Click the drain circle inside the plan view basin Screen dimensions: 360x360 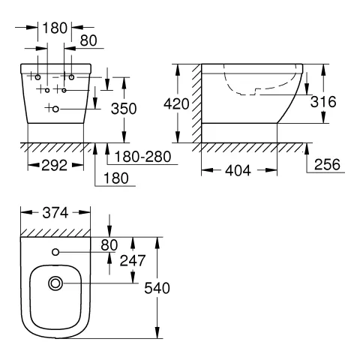55,284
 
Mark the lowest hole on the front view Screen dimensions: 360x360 55,109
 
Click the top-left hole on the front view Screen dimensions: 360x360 37,77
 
